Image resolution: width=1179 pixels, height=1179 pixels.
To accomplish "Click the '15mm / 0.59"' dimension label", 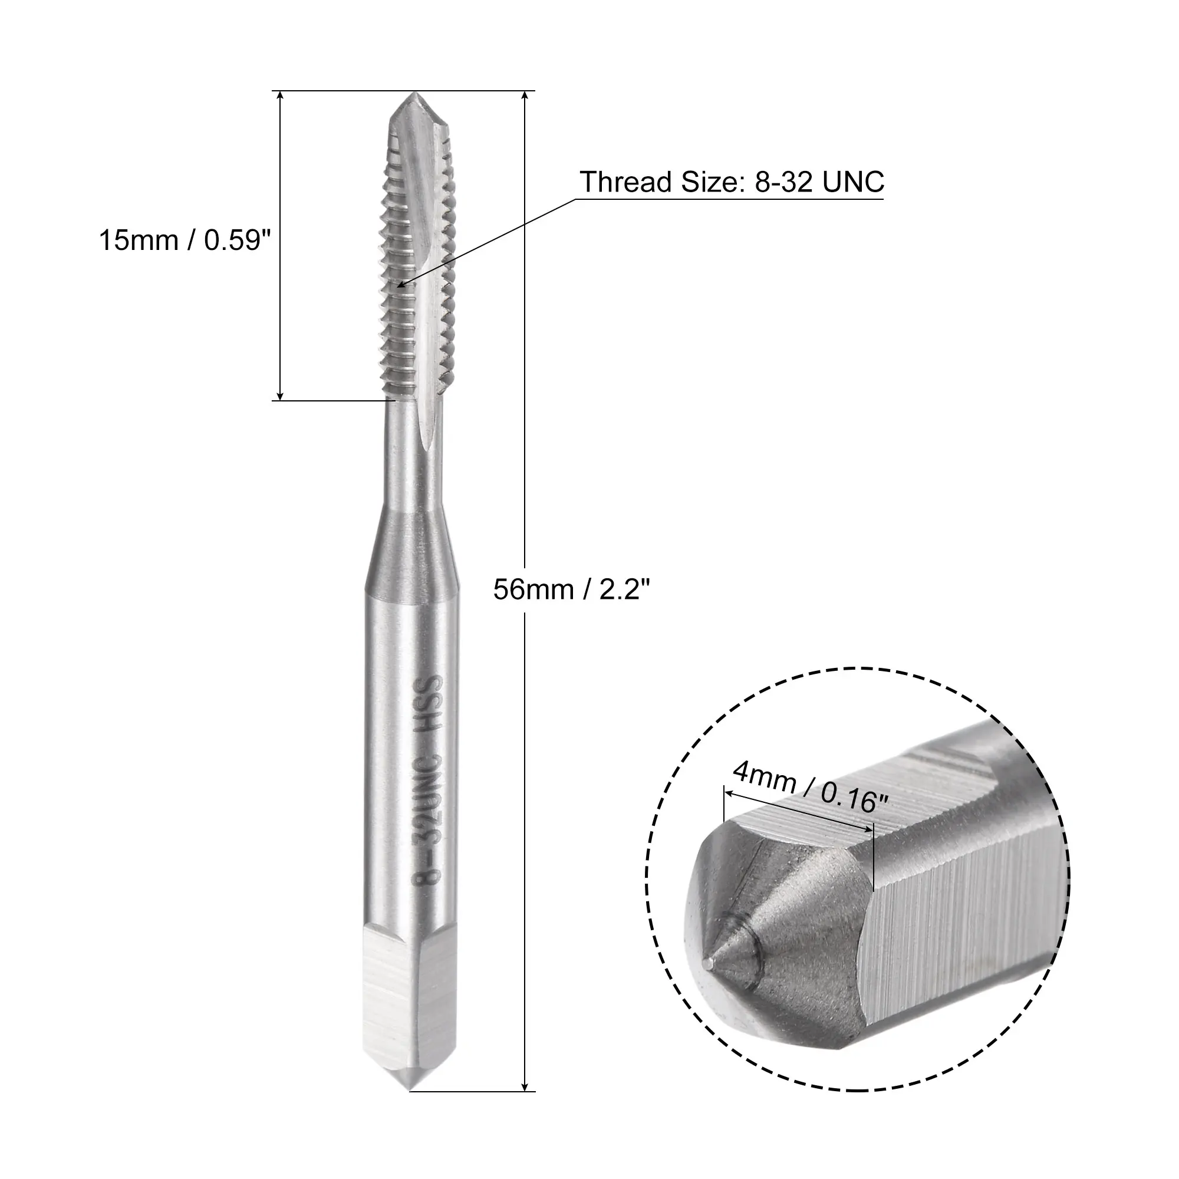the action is coord(185,241).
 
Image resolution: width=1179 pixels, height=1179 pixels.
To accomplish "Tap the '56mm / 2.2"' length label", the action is coord(572,590).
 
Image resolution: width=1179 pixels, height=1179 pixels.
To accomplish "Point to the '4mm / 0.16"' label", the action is coord(809,788).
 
